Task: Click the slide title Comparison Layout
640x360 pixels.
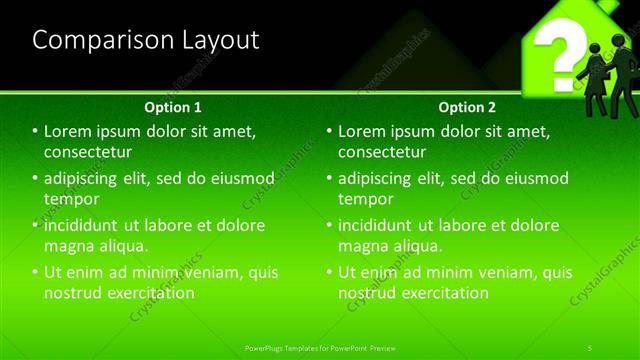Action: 146,40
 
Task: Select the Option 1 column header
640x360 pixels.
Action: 173,107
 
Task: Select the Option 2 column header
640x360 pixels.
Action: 467,107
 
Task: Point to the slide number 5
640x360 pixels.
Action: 591,347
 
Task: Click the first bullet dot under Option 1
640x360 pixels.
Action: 35,132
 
